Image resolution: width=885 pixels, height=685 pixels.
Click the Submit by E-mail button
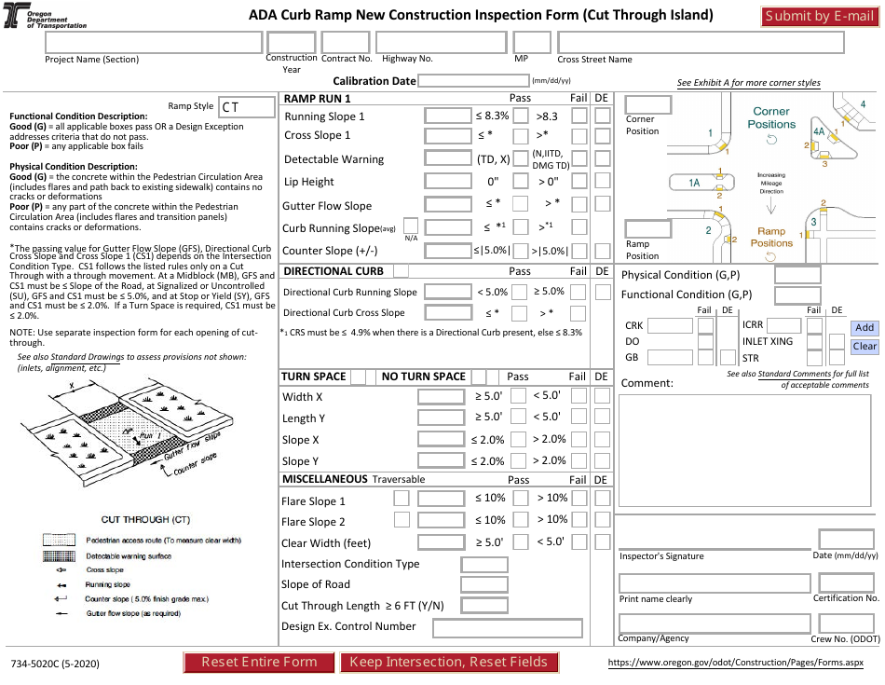(x=817, y=16)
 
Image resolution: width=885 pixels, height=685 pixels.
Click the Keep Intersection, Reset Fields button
(x=449, y=662)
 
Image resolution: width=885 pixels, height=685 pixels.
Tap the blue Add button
(x=865, y=327)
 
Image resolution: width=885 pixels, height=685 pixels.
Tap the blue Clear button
(x=865, y=346)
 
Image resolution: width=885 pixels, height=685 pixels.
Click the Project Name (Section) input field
(x=153, y=43)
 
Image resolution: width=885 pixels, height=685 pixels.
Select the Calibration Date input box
(x=473, y=81)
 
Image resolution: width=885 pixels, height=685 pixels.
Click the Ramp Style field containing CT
(x=247, y=107)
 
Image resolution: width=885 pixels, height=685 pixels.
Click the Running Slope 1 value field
(x=447, y=116)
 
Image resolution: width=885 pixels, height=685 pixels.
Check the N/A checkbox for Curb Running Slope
(x=410, y=226)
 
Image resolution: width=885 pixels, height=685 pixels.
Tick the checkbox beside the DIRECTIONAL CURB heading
(x=401, y=271)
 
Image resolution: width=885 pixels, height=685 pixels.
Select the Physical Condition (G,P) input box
(x=797, y=275)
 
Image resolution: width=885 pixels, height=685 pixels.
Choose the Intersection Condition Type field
(x=484, y=564)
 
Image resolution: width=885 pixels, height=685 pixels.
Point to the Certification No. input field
(x=846, y=582)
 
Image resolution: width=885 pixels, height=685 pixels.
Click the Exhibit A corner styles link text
(x=748, y=83)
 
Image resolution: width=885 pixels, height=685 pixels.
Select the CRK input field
(x=670, y=326)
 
